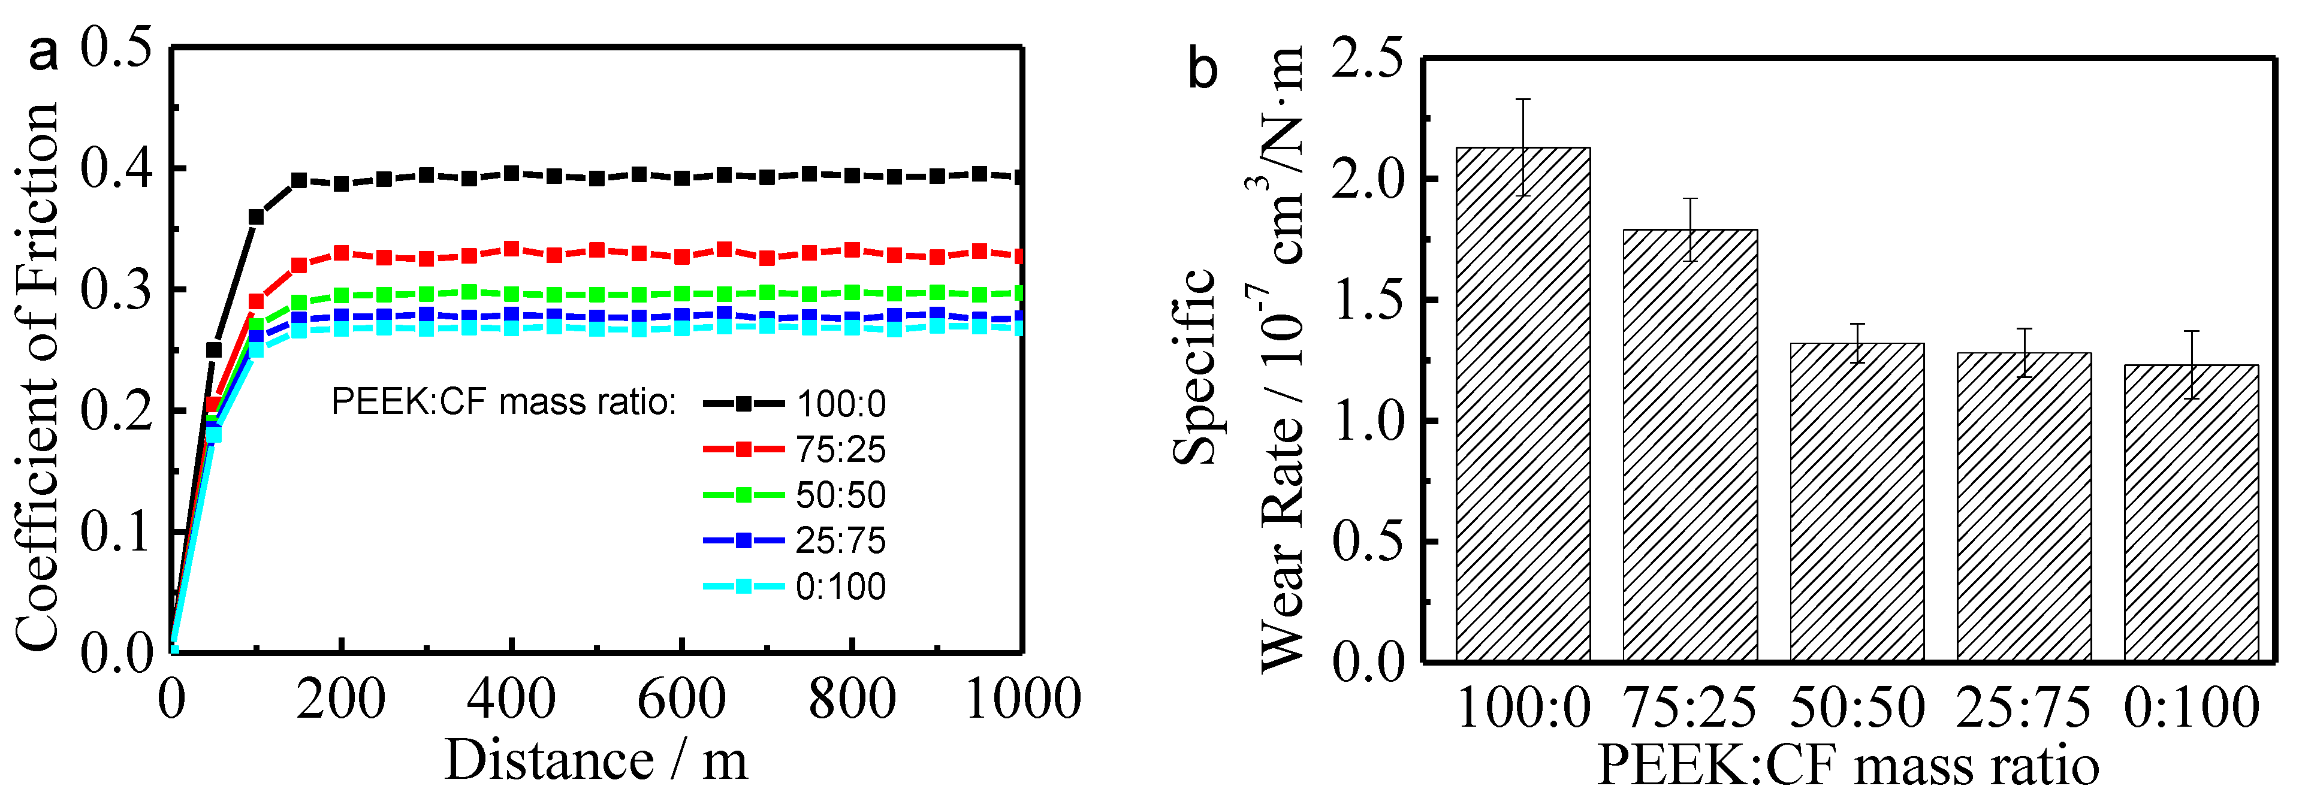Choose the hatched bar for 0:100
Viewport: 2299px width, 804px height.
point(2191,512)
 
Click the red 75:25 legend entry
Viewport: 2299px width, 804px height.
point(794,449)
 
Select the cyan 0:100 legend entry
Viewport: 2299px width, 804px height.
point(794,587)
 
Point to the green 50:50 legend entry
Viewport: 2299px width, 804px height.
point(794,494)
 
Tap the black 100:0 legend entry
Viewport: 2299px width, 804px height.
point(794,403)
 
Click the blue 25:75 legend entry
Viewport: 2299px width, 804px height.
point(794,540)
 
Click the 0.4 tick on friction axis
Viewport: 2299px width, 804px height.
point(116,169)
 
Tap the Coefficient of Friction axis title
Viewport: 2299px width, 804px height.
point(38,375)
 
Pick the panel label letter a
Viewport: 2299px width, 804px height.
point(43,53)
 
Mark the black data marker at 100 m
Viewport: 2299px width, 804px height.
point(256,217)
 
